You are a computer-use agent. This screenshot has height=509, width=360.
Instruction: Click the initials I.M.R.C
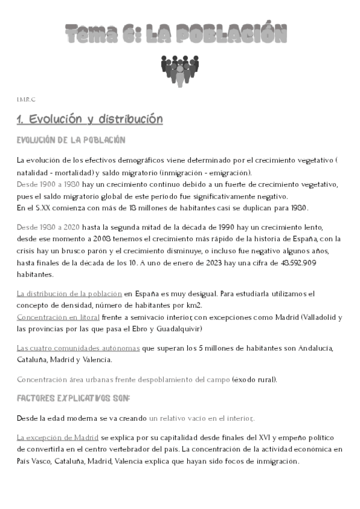26,98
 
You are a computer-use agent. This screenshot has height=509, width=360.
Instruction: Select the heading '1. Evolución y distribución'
90,119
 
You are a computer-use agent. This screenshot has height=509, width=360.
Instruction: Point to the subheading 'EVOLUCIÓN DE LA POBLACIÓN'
71,140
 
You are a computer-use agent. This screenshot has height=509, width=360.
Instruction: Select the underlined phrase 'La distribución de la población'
69,294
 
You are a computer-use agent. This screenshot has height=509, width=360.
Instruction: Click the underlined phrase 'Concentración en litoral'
58,316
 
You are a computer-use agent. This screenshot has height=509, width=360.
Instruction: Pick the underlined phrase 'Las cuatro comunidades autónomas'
78,348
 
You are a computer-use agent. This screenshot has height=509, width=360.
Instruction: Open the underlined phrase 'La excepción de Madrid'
58,438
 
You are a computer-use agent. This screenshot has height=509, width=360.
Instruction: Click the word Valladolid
316,316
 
